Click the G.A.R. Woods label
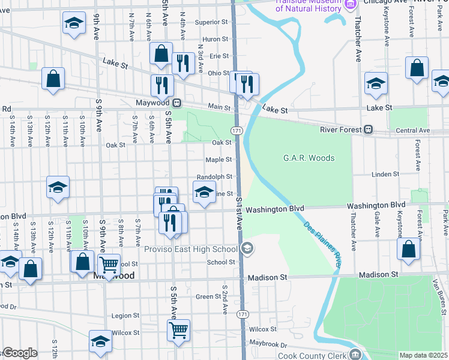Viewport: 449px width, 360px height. pos(309,158)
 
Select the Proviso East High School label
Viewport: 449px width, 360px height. pos(191,249)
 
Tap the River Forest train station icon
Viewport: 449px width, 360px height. pos(369,130)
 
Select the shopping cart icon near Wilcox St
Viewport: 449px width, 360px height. pos(179,330)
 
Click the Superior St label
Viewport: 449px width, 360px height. pos(212,23)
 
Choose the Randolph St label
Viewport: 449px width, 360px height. pos(214,177)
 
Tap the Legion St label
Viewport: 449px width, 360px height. pos(125,315)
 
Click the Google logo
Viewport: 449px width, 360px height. pos(19,353)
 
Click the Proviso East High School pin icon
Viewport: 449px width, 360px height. pos(247,248)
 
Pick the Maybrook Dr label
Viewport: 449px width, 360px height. pos(265,344)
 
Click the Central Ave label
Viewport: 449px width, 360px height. pos(413,130)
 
